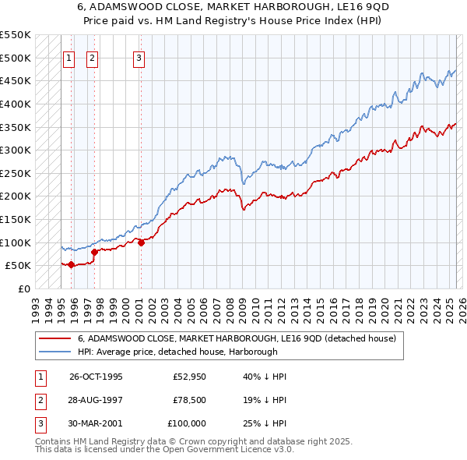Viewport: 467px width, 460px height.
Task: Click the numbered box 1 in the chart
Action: pyautogui.click(x=68, y=57)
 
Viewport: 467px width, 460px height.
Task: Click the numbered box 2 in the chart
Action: pyautogui.click(x=92, y=57)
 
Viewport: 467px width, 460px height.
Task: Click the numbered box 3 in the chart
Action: pyautogui.click(x=139, y=57)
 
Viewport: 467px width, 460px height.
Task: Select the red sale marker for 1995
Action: pyautogui.click(x=71, y=264)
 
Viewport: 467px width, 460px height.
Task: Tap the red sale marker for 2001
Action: pyautogui.click(x=141, y=242)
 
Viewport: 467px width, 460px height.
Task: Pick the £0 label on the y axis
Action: pyautogui.click(x=25, y=288)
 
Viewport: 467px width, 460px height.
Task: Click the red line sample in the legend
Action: pyautogui.click(x=54, y=339)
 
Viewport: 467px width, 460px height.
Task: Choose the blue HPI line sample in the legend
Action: pyautogui.click(x=54, y=352)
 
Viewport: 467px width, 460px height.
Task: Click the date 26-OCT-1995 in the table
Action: pyautogui.click(x=96, y=377)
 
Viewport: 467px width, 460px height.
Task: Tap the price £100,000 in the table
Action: pyautogui.click(x=187, y=423)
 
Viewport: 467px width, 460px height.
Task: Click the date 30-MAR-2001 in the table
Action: pyautogui.click(x=96, y=423)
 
